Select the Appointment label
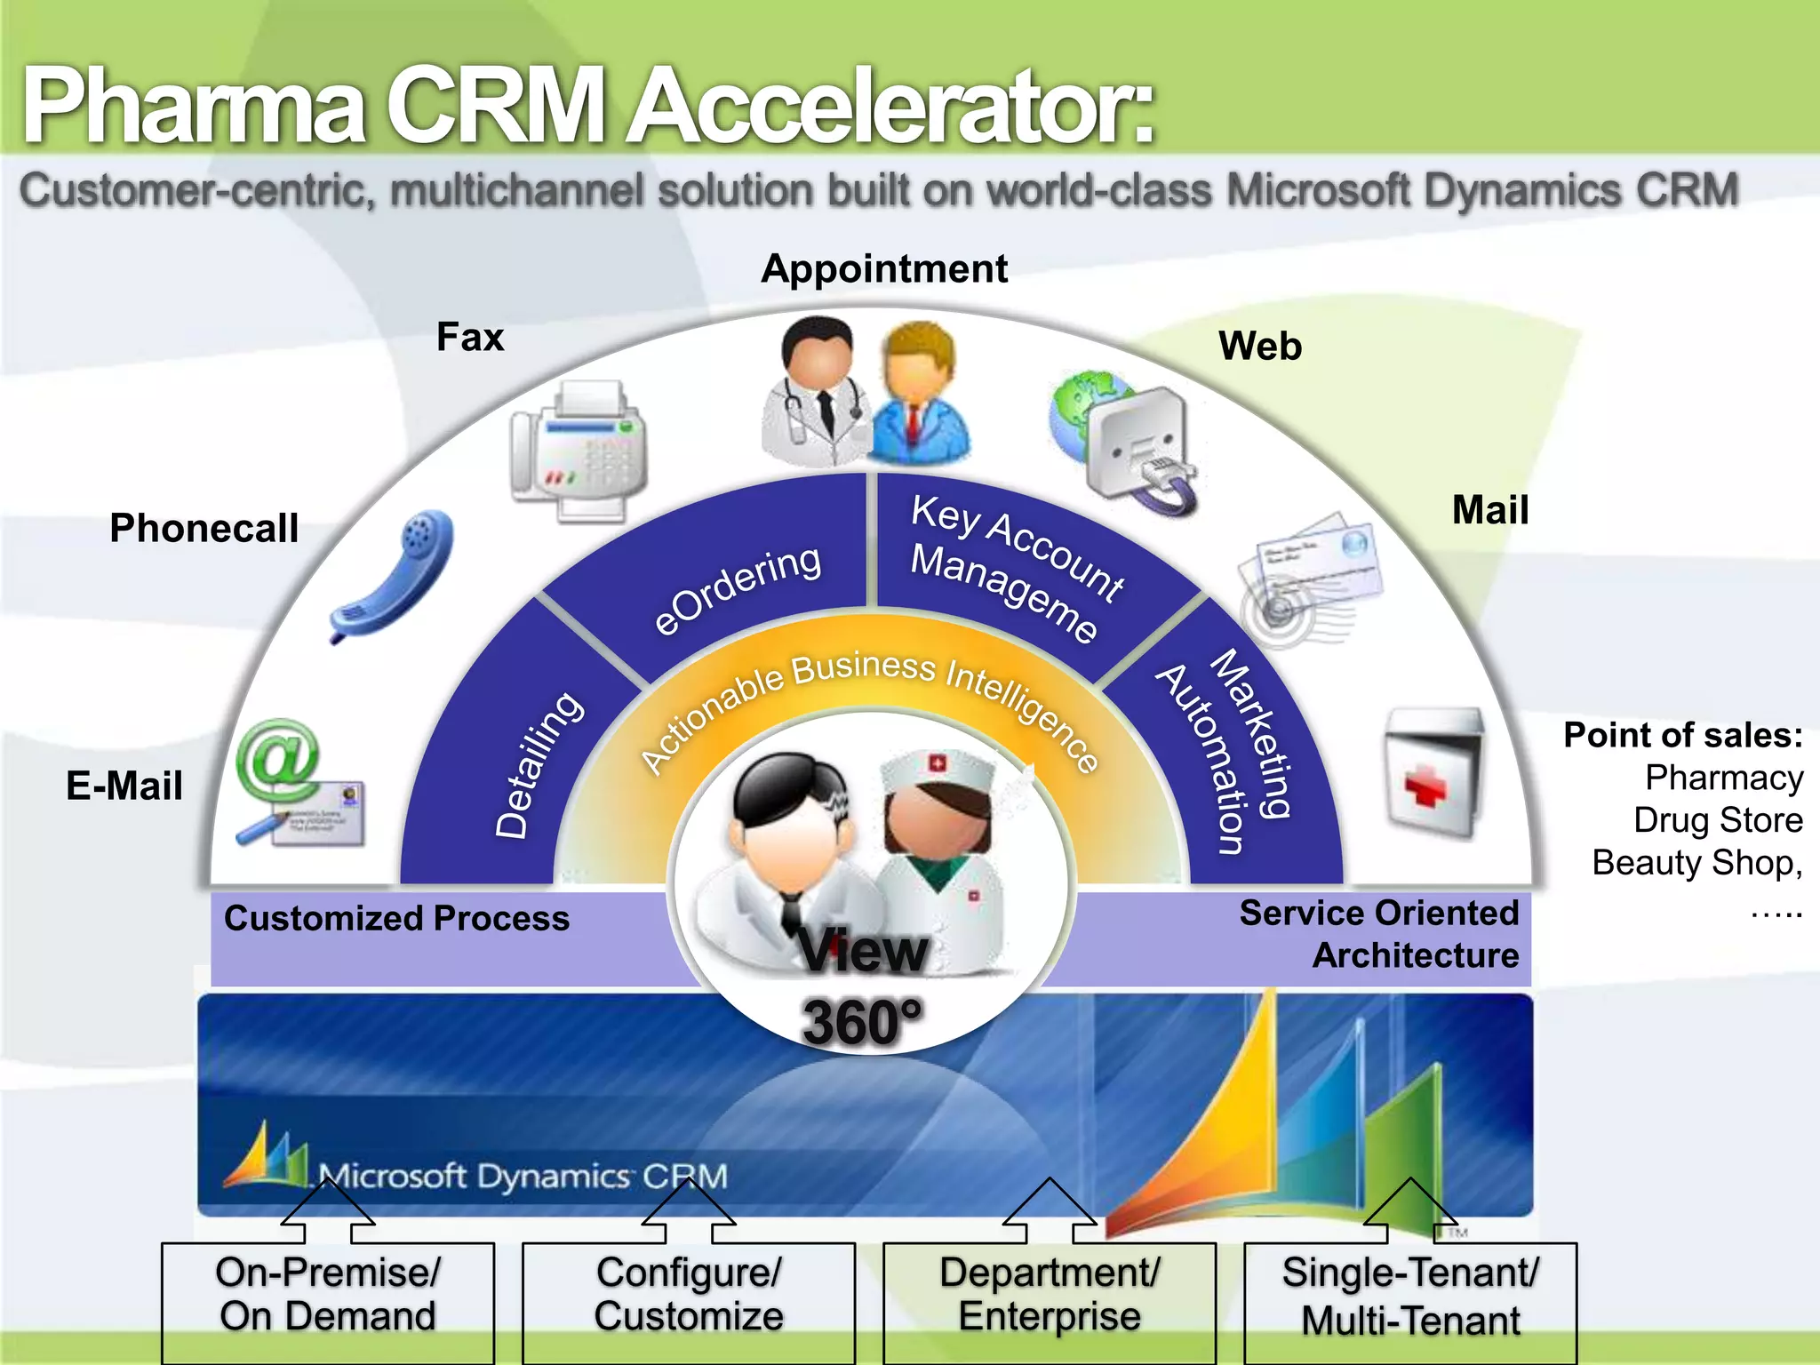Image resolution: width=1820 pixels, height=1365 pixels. click(x=884, y=268)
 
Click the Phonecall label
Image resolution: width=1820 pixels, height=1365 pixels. click(x=204, y=528)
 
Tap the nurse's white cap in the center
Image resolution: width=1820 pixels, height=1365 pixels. click(x=938, y=769)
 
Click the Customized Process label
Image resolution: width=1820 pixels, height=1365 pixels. click(x=396, y=918)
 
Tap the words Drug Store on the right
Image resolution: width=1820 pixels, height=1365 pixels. click(x=1717, y=820)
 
